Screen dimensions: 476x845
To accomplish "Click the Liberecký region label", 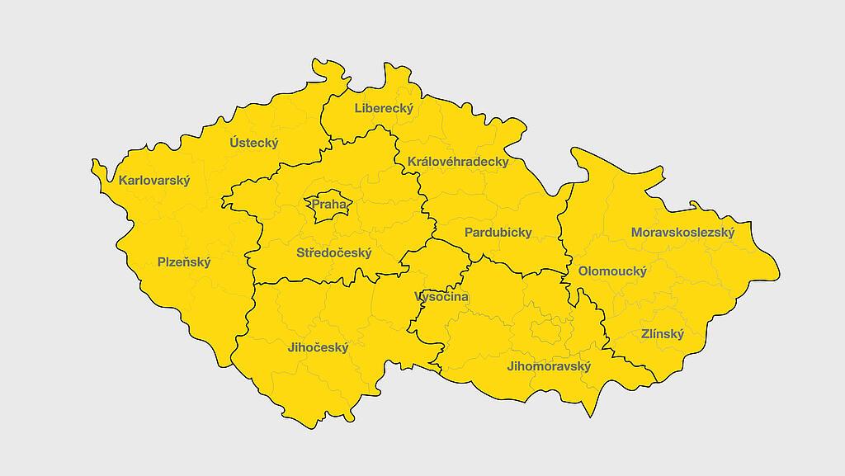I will coord(384,107).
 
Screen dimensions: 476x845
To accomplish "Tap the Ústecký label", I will coord(254,143).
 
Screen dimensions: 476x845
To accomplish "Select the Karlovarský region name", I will coord(154,181).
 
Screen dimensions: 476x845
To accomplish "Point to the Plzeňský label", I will coord(184,262).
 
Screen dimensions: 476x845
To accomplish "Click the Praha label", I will coord(329,204).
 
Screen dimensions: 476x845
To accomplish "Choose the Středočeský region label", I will coord(334,252).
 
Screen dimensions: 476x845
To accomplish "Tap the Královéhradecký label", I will coord(458,162).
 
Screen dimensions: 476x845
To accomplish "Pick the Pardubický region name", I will coord(498,232).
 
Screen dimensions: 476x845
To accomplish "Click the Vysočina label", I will coord(441,296).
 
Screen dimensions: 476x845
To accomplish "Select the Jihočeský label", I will coord(318,347).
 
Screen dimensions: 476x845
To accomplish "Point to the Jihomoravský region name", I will coord(549,366).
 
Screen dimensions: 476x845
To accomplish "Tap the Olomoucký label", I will coord(612,271).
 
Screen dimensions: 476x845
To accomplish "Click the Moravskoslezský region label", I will coord(682,232).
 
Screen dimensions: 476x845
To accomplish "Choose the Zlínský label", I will coord(663,334).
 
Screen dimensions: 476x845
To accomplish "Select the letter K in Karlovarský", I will coord(123,181).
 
